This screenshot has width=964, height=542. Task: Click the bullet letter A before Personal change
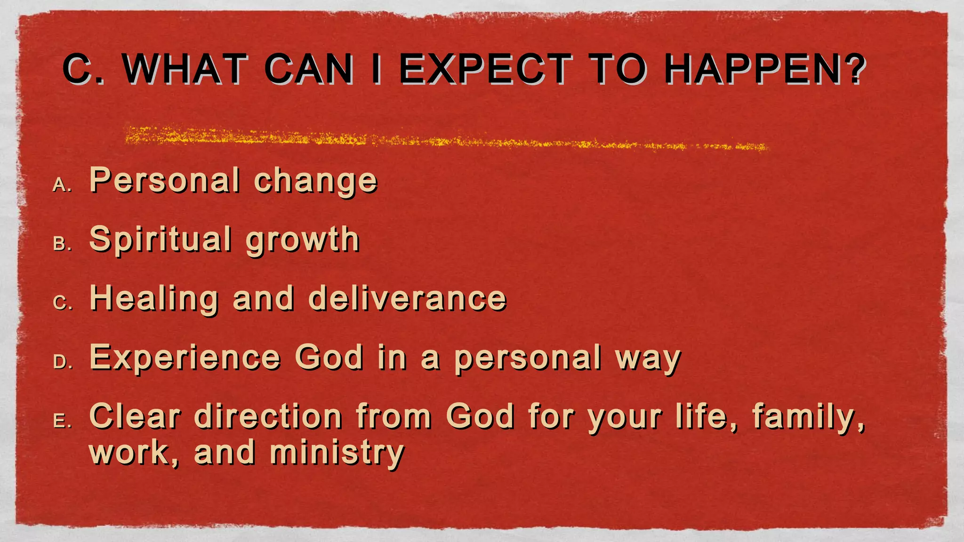click(x=61, y=185)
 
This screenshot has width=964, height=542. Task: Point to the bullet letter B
click(x=61, y=244)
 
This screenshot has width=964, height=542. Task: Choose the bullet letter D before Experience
click(x=62, y=362)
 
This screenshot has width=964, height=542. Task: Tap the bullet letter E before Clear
click(x=61, y=421)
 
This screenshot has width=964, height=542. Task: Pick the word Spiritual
click(x=160, y=240)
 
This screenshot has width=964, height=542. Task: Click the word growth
click(x=303, y=240)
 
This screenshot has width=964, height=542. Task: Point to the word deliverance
click(x=407, y=298)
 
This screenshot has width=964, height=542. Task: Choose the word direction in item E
click(x=268, y=416)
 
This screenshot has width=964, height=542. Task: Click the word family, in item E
click(x=808, y=416)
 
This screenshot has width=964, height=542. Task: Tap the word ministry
click(x=337, y=453)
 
